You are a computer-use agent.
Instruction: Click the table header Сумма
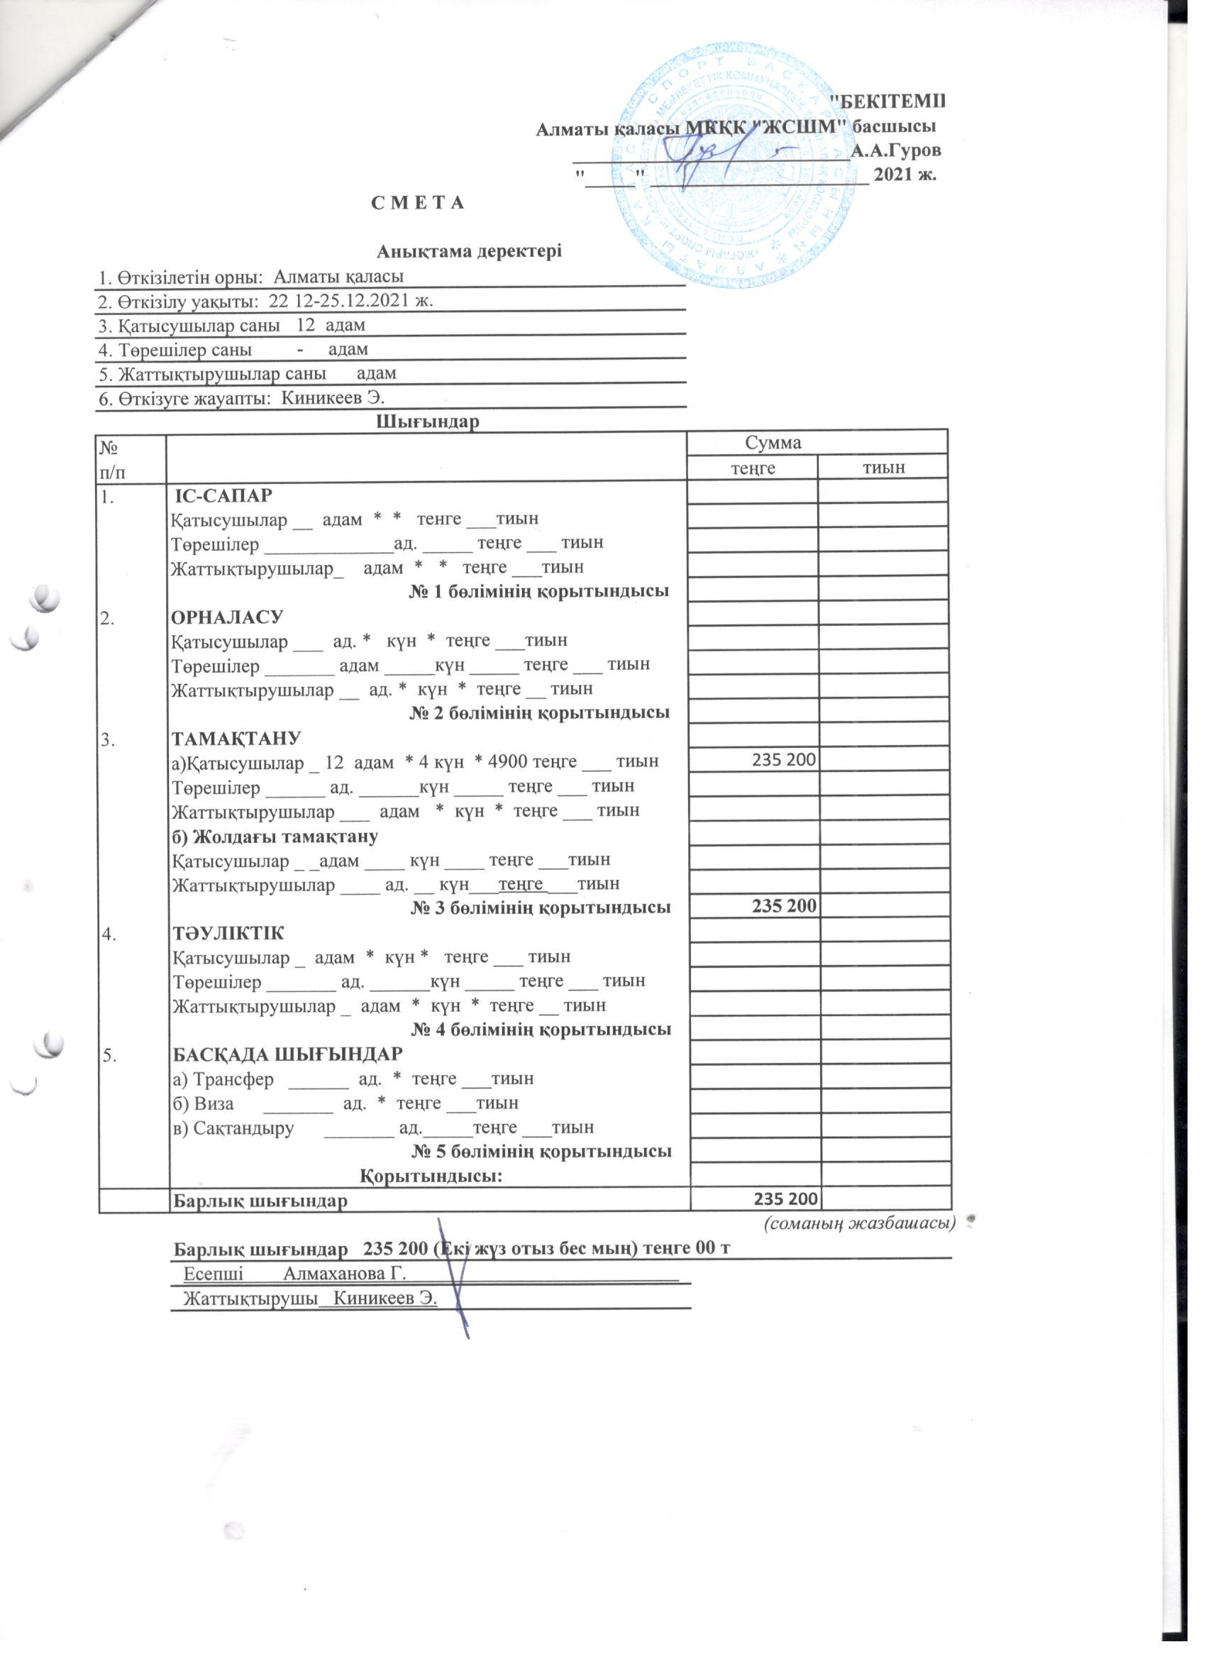[x=773, y=443]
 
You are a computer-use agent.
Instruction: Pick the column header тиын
[x=884, y=468]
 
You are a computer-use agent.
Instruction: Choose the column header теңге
[x=753, y=468]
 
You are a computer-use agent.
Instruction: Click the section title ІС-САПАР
[x=223, y=495]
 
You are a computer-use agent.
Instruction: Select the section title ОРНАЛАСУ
[x=226, y=617]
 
